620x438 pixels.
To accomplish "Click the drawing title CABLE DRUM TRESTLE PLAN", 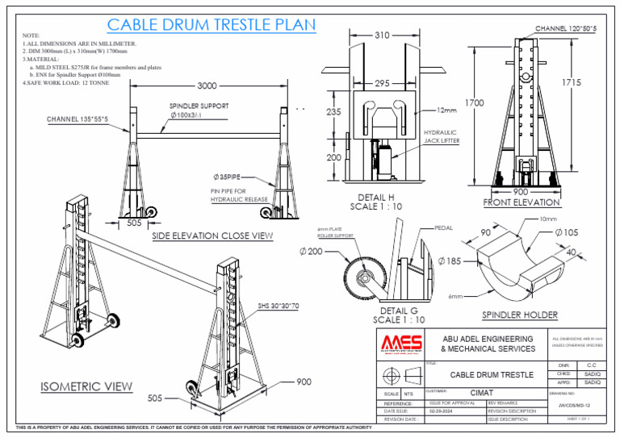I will click(211, 25).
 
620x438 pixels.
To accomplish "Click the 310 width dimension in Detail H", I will click(383, 35).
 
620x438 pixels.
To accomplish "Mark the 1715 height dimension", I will click(571, 83).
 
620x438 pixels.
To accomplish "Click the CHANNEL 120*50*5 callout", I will click(566, 29).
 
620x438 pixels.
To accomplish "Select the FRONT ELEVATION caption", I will click(521, 202).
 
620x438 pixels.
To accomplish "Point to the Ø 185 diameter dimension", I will click(449, 261).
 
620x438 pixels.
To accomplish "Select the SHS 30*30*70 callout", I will click(279, 306).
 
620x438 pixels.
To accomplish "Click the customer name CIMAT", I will click(482, 392).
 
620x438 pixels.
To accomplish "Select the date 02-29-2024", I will click(442, 411).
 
